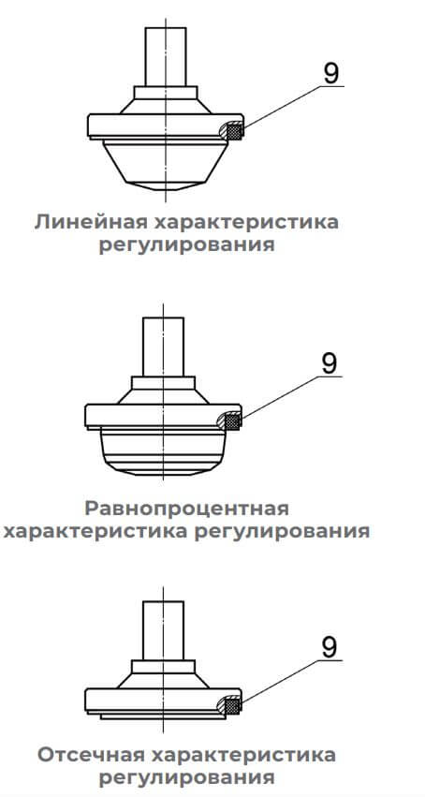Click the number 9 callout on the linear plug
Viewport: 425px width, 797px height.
pyautogui.click(x=330, y=74)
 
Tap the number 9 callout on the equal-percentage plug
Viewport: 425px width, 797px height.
pyautogui.click(x=329, y=364)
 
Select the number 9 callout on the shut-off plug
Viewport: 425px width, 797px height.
pyautogui.click(x=329, y=647)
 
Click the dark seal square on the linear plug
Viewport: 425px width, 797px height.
pyautogui.click(x=234, y=131)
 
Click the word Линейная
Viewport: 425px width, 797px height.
pyautogui.click(x=92, y=222)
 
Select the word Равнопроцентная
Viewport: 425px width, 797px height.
pyautogui.click(x=186, y=508)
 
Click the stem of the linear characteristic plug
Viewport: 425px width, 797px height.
pyautogui.click(x=166, y=56)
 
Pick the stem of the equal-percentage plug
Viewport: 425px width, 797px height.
pyautogui.click(x=163, y=347)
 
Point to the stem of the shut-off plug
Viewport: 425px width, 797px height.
pyautogui.click(x=163, y=631)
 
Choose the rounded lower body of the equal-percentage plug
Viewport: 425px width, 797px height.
pyautogui.click(x=163, y=450)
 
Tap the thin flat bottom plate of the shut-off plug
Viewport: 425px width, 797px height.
pyautogui.click(x=163, y=716)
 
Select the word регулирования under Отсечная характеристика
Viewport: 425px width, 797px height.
pyautogui.click(x=186, y=778)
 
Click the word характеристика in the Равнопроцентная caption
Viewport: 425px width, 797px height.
pyautogui.click(x=96, y=532)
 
